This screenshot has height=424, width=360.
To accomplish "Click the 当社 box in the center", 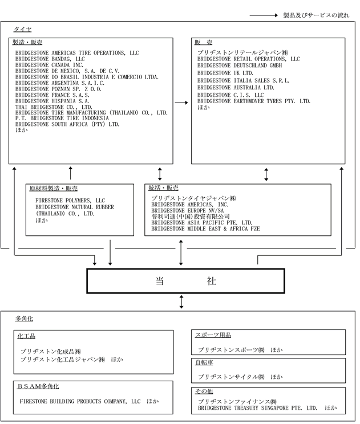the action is click(185, 281).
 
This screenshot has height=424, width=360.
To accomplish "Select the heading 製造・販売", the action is click(27, 42).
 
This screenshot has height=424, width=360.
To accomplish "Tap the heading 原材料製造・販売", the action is click(53, 189).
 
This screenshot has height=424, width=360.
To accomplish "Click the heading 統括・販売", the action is click(163, 188).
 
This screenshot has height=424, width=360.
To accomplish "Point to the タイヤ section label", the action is click(23, 29).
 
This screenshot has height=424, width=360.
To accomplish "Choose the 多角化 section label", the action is click(24, 319).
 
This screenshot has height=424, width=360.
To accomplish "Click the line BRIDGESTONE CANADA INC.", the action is click(49, 65).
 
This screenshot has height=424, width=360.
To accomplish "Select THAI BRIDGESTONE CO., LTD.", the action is click(54, 107).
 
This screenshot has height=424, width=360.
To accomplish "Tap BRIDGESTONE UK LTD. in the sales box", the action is click(225, 73).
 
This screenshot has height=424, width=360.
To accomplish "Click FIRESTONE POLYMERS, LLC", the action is click(70, 201).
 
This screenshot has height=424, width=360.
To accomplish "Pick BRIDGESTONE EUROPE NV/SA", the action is click(188, 210).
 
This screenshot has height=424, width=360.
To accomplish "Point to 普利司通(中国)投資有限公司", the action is click(191, 217).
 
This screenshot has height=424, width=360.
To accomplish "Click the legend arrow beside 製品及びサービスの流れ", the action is click(264, 15).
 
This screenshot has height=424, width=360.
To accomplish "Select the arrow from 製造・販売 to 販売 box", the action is click(181, 103).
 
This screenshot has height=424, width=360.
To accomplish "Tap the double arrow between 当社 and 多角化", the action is click(181, 302).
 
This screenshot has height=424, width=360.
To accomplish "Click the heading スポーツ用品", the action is click(213, 335).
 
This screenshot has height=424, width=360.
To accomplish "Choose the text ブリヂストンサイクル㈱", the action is click(231, 377).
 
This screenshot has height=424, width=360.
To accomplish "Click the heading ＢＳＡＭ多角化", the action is click(38, 386).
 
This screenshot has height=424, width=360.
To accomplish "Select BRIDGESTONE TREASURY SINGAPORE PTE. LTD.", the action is click(257, 408).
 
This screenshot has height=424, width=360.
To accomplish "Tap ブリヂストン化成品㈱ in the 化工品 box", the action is click(51, 352).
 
